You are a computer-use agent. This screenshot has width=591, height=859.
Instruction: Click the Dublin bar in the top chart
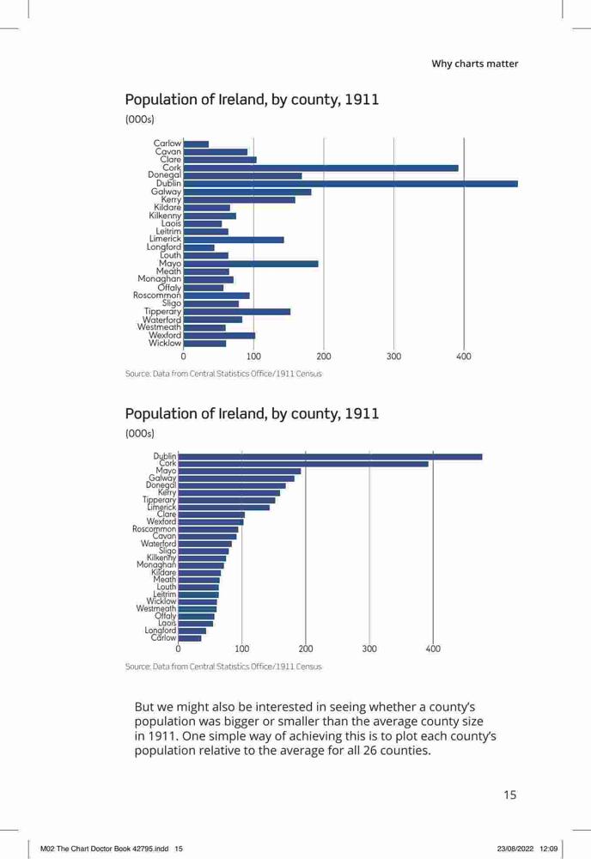point(350,184)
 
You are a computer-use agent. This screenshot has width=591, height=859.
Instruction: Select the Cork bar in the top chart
point(321,168)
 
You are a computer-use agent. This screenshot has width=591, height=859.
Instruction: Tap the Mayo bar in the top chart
point(251,264)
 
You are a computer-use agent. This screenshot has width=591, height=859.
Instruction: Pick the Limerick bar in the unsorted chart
point(234,240)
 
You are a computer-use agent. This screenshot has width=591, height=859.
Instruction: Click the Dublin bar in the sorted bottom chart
point(330,456)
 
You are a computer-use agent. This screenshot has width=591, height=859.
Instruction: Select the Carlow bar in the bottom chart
point(190,638)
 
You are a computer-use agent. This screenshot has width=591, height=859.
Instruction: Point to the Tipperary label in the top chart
point(162,312)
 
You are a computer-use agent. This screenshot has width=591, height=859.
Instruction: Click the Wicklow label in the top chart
point(164,343)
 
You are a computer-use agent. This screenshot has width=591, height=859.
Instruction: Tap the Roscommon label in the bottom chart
point(154,529)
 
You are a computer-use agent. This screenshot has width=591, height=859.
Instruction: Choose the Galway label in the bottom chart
point(162,478)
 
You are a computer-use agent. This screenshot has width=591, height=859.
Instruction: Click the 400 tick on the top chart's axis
point(463,356)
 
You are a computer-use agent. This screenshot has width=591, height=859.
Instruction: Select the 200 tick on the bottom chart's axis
point(306,649)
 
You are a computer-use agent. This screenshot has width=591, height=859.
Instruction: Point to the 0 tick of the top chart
point(183,356)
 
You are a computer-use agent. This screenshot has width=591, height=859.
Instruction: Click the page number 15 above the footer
point(510,795)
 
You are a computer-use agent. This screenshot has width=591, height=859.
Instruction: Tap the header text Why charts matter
point(474,64)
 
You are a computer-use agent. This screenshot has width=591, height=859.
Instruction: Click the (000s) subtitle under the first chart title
point(140,119)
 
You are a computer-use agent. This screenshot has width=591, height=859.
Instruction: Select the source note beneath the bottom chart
point(223,667)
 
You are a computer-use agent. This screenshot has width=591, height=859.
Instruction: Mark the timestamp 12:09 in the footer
point(549,849)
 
